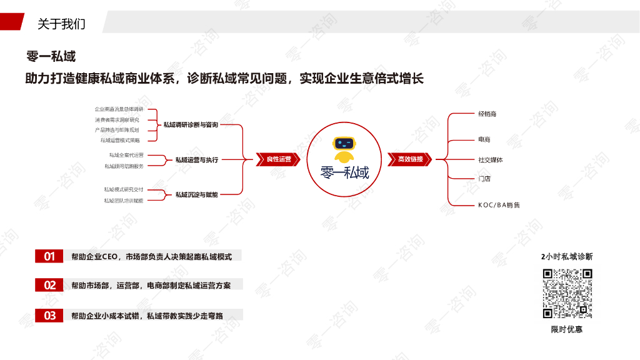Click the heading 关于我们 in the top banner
pos(61,24)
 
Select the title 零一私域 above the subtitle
pos(51,56)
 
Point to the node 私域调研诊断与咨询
pos(191,125)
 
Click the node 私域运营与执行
pos(196,160)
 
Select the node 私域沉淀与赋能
pos(196,195)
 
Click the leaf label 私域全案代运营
pos(126,155)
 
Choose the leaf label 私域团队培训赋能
pos(123,201)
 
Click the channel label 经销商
pos(487,114)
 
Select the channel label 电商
pos(484,139)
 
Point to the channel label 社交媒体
pos(490,160)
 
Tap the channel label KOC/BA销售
pos(499,205)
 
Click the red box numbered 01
pos(49,256)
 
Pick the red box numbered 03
pos(49,316)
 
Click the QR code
pos(567,293)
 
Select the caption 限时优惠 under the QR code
pos(567,329)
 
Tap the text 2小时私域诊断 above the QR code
pos(567,256)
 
